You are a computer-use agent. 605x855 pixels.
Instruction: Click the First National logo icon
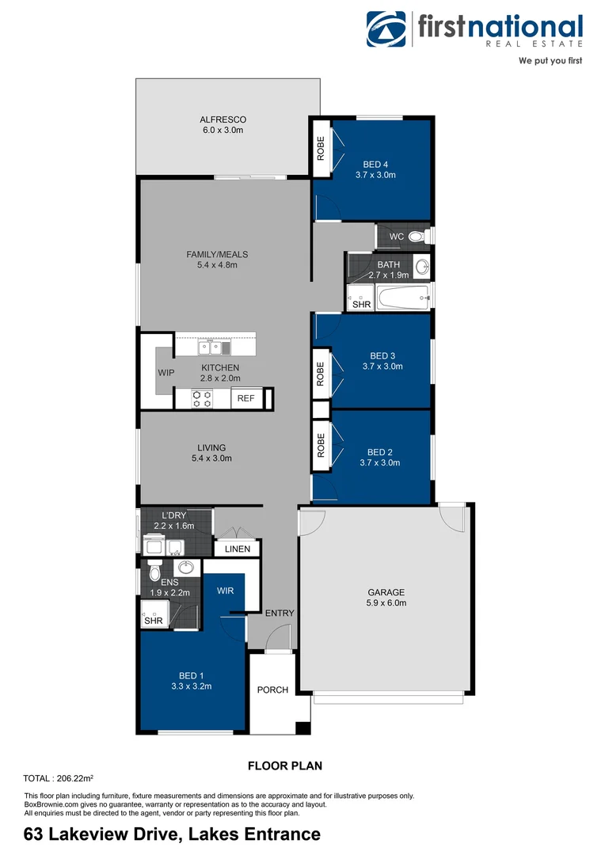pyautogui.click(x=386, y=29)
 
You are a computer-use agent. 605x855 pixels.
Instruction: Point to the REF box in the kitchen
pyautogui.click(x=246, y=398)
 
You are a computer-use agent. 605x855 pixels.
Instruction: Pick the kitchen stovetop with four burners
pyautogui.click(x=202, y=398)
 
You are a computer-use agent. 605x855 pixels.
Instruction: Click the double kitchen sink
pyautogui.click(x=211, y=348)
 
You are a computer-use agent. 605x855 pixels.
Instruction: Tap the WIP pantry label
pyautogui.click(x=166, y=372)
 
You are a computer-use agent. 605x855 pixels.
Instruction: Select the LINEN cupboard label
pyautogui.click(x=238, y=549)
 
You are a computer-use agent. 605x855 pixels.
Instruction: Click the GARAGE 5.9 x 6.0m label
pyautogui.click(x=386, y=597)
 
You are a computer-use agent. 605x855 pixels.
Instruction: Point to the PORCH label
pyautogui.click(x=272, y=690)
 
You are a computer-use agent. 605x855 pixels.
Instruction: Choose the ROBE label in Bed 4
pyautogui.click(x=321, y=148)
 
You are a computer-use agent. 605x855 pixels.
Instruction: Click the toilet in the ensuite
pyautogui.click(x=154, y=570)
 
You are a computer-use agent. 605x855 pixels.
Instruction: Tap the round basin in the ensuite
pyautogui.click(x=187, y=567)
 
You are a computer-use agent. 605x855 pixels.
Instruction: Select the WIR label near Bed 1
pyautogui.click(x=226, y=591)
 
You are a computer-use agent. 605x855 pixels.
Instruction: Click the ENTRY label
pyautogui.click(x=280, y=613)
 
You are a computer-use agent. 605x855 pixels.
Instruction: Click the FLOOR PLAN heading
pyautogui.click(x=285, y=766)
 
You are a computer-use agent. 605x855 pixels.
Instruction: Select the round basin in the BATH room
pyautogui.click(x=422, y=268)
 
